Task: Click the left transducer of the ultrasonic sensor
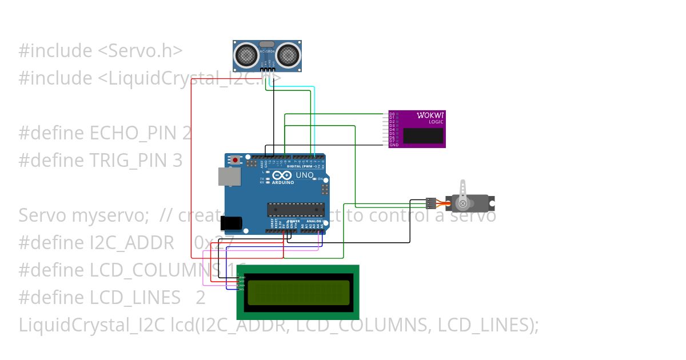point(246,55)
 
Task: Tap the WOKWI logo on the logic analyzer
point(430,115)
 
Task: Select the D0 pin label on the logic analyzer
point(392,114)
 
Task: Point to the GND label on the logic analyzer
point(394,145)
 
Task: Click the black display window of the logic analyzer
point(423,135)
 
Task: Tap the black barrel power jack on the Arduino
point(232,223)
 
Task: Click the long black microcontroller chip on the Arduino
point(296,210)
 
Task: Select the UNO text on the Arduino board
point(304,175)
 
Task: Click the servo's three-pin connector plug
point(430,203)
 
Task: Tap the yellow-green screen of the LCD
point(298,292)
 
